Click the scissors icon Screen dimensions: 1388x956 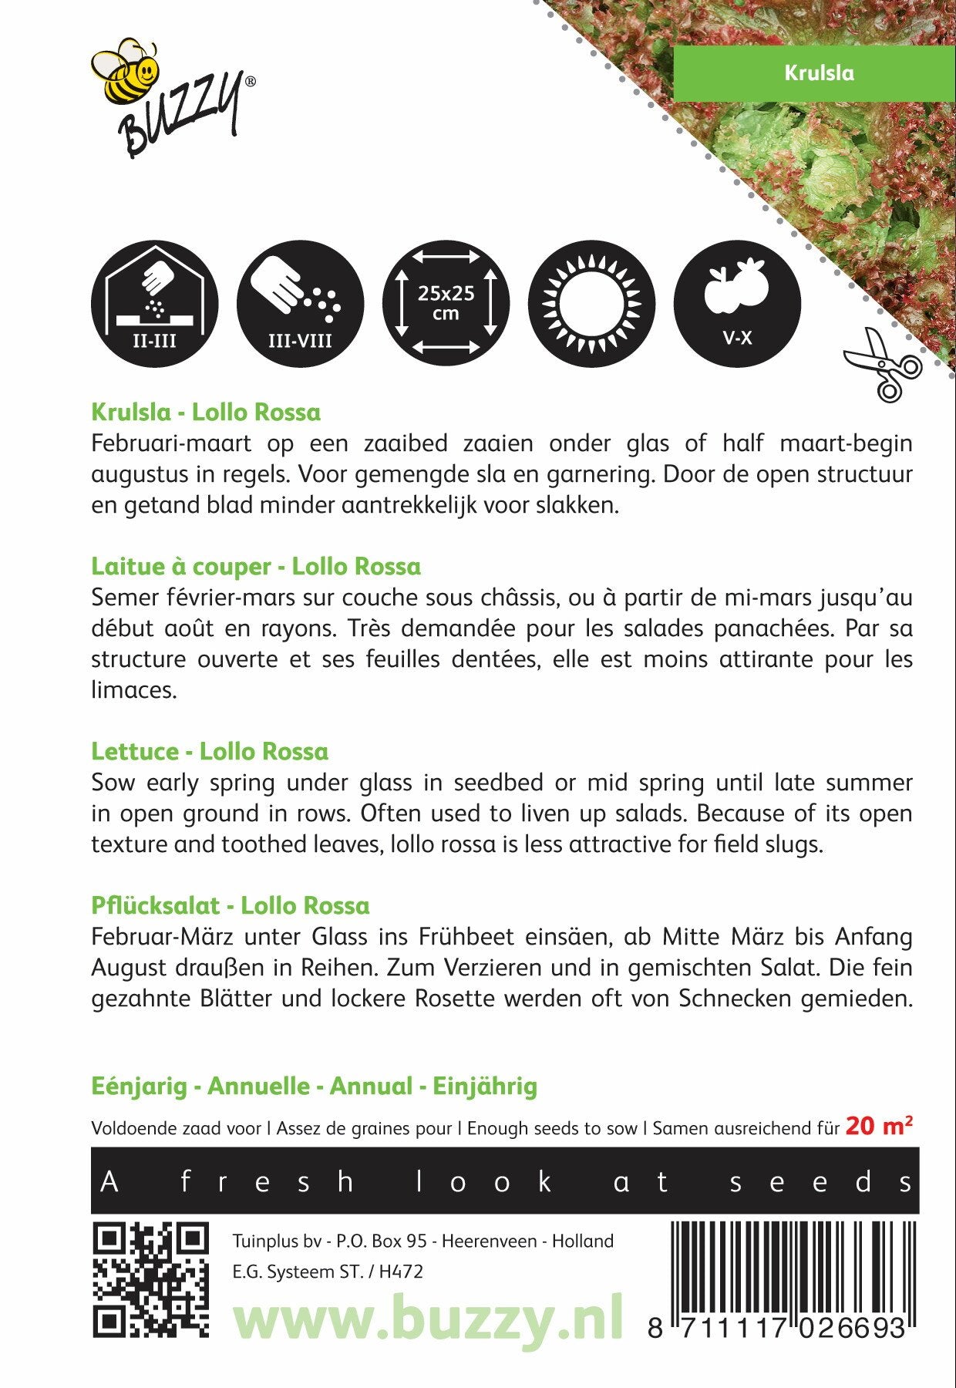pyautogui.click(x=883, y=363)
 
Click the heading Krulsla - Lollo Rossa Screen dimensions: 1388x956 pyautogui.click(x=206, y=412)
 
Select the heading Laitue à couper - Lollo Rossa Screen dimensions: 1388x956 pyautogui.click(x=256, y=566)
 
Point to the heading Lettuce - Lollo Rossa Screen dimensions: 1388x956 pyautogui.click(x=210, y=751)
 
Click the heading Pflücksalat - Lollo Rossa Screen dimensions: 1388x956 pyautogui.click(x=231, y=905)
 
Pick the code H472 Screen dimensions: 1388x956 pyautogui.click(x=401, y=1272)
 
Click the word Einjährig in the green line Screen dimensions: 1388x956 pyautogui.click(x=485, y=1086)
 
